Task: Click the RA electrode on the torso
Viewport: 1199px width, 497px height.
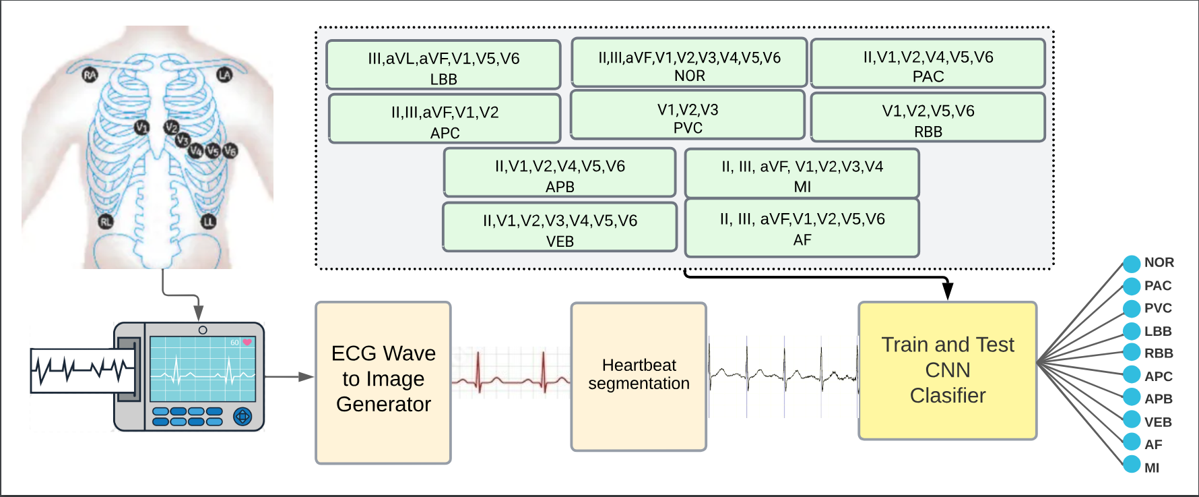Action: coord(90,75)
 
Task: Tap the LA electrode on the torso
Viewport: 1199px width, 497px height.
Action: coord(224,75)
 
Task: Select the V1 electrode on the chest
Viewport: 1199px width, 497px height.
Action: coord(141,127)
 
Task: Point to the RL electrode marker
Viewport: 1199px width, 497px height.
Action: coord(106,221)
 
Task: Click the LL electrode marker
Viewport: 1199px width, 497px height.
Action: coord(209,221)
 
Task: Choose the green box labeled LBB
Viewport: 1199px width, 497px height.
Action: coord(443,65)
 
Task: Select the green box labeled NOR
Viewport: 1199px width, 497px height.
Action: coord(689,63)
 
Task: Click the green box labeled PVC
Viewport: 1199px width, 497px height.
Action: coord(688,115)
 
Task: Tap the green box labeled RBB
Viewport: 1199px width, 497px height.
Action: coord(928,117)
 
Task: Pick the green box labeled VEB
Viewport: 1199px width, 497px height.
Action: coord(560,227)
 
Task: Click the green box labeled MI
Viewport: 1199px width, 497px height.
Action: coord(802,173)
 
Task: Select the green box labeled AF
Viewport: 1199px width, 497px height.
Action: coord(802,228)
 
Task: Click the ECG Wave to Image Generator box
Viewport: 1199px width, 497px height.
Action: coord(383,382)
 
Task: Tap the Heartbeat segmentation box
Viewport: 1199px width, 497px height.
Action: coord(639,376)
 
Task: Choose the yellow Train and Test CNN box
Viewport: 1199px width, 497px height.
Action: coord(948,370)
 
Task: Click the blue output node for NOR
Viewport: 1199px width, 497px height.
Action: coord(1132,264)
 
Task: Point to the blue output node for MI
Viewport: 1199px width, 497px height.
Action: coord(1132,464)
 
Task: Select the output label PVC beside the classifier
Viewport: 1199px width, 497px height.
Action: coord(1158,308)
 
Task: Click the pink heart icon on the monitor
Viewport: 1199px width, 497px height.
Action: coord(247,343)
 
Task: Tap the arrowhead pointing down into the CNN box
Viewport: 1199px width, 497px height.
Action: coord(948,291)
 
